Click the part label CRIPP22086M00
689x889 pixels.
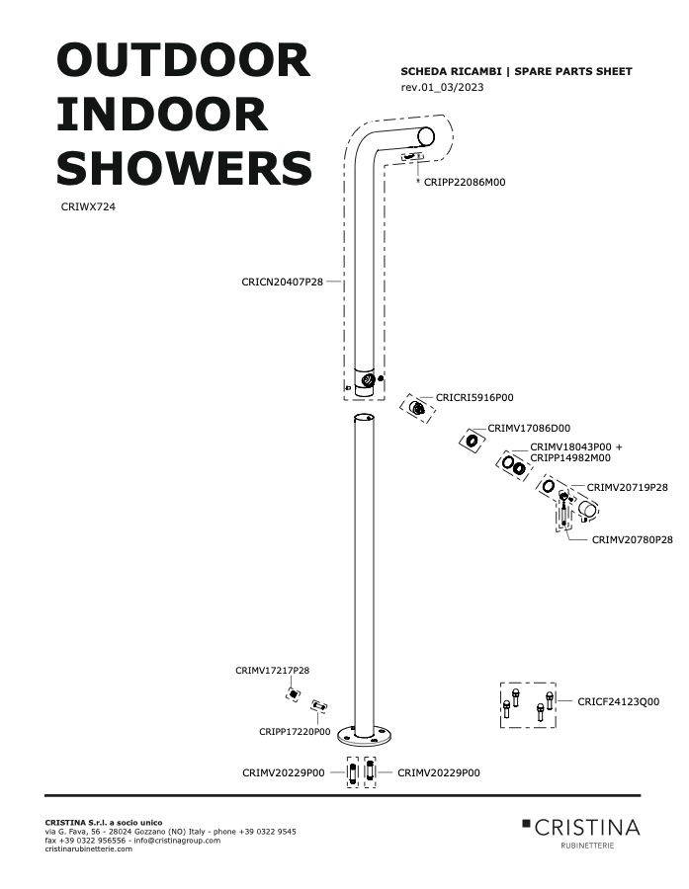465,182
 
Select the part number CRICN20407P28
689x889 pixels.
282,282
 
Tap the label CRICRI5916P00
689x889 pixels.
474,397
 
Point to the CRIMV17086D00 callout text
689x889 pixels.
529,428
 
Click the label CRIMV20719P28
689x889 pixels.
627,487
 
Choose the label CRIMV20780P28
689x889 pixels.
633,539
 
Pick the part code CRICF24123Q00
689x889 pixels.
619,701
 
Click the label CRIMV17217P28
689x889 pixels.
273,670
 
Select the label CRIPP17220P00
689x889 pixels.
295,731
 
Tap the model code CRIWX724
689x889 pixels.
88,207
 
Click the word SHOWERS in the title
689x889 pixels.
185,168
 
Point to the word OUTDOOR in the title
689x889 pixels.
183,60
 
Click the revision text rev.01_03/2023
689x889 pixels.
442,87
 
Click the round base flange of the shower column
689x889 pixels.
364,736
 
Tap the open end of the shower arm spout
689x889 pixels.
426,136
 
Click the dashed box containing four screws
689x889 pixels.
528,704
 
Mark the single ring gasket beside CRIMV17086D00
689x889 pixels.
472,441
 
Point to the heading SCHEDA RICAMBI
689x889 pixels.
451,71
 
